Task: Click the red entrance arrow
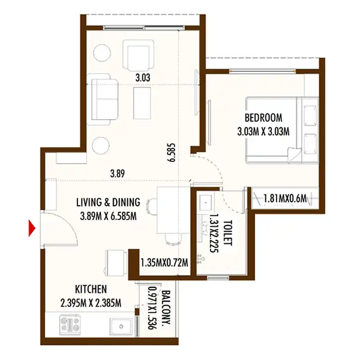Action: pyautogui.click(x=32, y=228)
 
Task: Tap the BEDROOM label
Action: pyautogui.click(x=264, y=118)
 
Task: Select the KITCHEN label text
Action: pyautogui.click(x=91, y=289)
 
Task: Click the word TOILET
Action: pyautogui.click(x=227, y=233)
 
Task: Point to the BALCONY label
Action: pyautogui.click(x=166, y=307)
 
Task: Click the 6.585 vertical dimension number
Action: pyautogui.click(x=171, y=153)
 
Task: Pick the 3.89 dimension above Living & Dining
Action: pyautogui.click(x=118, y=174)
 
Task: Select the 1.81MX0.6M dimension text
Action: pyautogui.click(x=285, y=199)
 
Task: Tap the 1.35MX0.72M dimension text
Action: pyautogui.click(x=164, y=263)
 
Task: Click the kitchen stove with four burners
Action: pyautogui.click(x=70, y=324)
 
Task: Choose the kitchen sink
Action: pyautogui.click(x=121, y=326)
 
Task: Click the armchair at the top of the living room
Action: pyautogui.click(x=138, y=55)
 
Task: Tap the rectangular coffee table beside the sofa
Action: pyautogui.click(x=142, y=103)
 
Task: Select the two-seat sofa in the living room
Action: pyautogui.click(x=102, y=99)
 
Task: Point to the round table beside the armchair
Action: pyautogui.click(x=102, y=52)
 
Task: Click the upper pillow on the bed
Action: pyautogui.click(x=310, y=116)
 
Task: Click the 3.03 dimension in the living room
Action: pyautogui.click(x=143, y=78)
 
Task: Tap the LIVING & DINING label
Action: pyautogui.click(x=108, y=202)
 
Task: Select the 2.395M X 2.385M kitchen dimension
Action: pyautogui.click(x=91, y=303)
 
